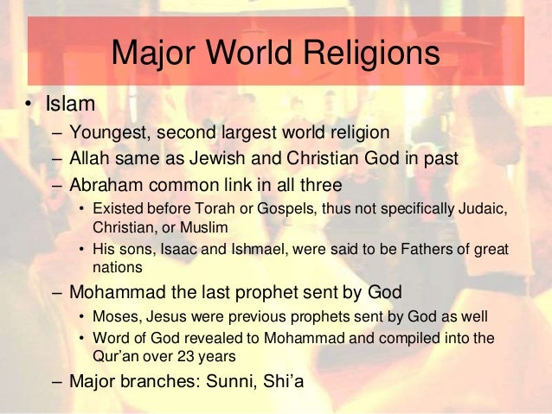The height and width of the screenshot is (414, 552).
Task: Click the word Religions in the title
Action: (x=369, y=55)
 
